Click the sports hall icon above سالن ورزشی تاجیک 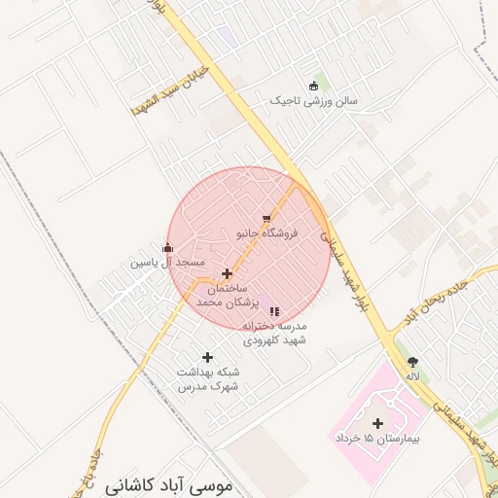(313, 86)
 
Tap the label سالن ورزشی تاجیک (314, 100)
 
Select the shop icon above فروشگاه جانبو (267, 219)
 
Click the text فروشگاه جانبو (267, 233)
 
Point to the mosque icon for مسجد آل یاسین (168, 248)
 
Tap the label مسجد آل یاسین (168, 263)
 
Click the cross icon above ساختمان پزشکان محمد (228, 274)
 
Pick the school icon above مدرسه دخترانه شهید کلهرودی (275, 311)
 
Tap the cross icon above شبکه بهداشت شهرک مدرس (207, 358)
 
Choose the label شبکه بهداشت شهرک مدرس (208, 379)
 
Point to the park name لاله (413, 375)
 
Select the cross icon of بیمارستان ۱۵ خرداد (378, 423)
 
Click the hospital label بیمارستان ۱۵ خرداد (379, 441)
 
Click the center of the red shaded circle (248, 248)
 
